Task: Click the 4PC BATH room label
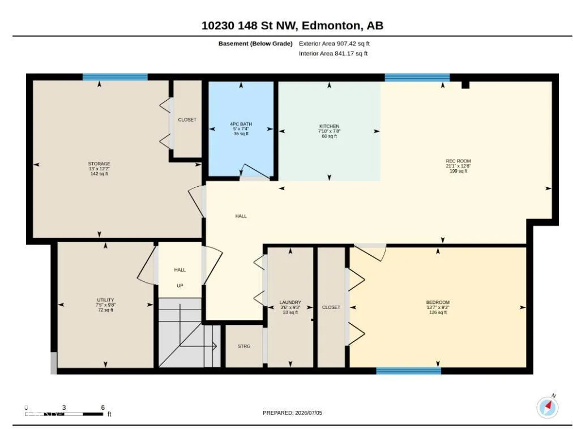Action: [241, 124]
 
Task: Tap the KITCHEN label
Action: [330, 126]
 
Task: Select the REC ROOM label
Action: [458, 161]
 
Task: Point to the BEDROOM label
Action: [438, 302]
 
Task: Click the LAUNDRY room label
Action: [290, 302]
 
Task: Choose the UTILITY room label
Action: [105, 299]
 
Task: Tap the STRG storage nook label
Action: [244, 346]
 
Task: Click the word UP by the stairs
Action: [180, 286]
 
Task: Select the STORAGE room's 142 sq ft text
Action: [99, 174]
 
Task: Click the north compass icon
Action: [548, 407]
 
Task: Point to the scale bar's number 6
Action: [102, 407]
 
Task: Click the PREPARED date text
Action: [292, 413]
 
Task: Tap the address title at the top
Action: [292, 25]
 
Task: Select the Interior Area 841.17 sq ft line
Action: [333, 53]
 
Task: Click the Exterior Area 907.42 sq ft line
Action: [334, 44]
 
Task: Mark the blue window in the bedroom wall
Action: [409, 371]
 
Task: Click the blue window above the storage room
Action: [115, 77]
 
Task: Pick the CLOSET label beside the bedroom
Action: [331, 307]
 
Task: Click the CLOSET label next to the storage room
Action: [187, 119]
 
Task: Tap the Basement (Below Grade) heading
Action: [255, 44]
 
